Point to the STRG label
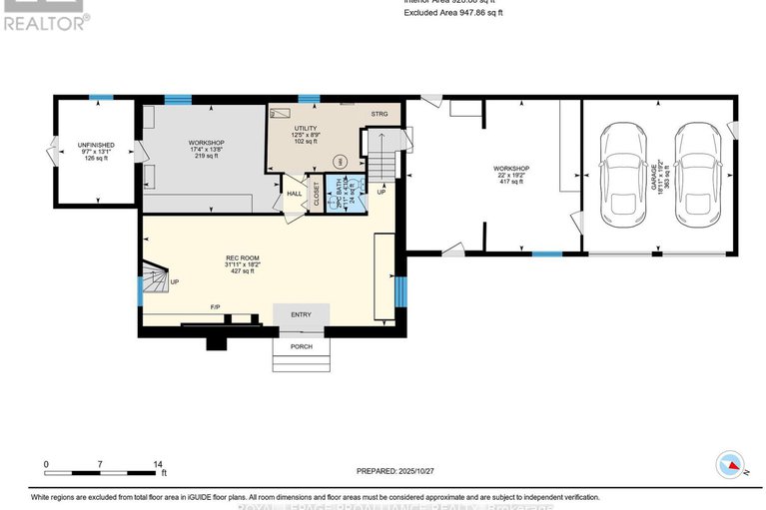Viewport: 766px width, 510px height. pyautogui.click(x=380, y=115)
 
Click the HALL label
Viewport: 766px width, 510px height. pyautogui.click(x=295, y=193)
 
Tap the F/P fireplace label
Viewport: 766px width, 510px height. pyautogui.click(x=214, y=305)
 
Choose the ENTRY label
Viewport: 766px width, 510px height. pyautogui.click(x=301, y=315)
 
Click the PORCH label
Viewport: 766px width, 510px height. pyautogui.click(x=301, y=346)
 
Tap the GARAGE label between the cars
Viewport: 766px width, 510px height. pyautogui.click(x=657, y=180)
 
